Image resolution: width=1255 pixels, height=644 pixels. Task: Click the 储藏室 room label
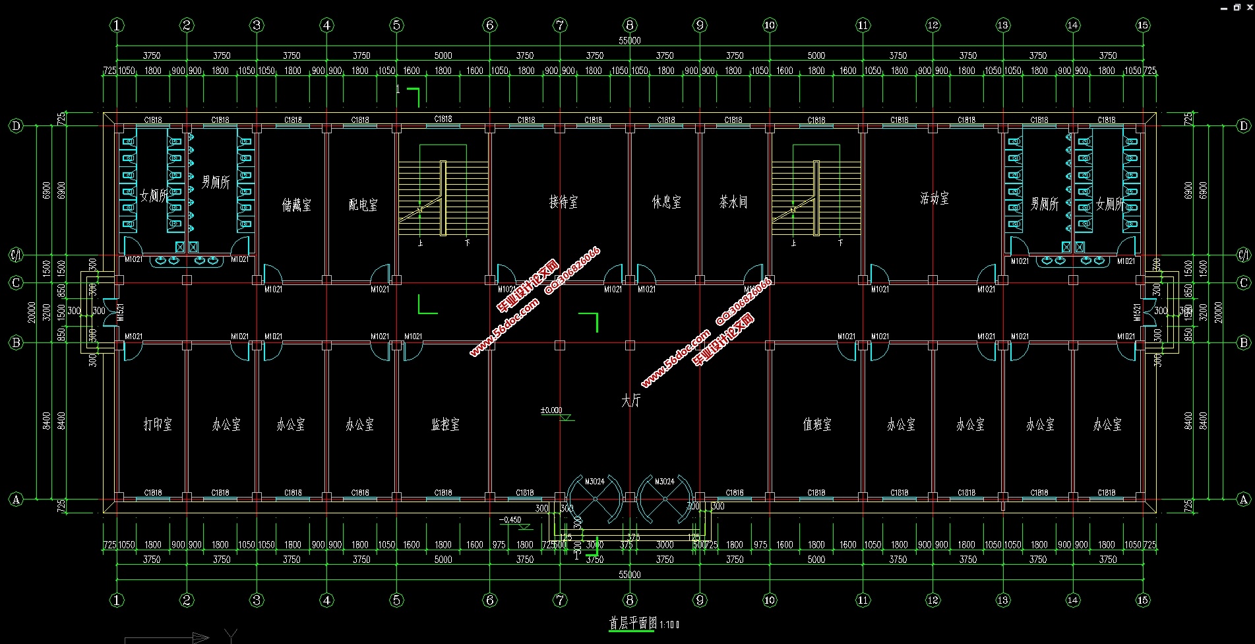(297, 205)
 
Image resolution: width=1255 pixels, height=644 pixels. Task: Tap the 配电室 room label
(363, 205)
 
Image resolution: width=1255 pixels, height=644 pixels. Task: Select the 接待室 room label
(563, 202)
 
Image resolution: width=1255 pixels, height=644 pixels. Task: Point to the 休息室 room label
(667, 202)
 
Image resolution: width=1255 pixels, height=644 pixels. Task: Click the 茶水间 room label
(733, 202)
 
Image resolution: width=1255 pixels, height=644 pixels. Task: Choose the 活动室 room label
(934, 198)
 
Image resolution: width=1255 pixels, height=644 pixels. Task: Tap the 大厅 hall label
(630, 401)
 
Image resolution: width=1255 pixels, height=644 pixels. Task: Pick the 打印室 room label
(158, 424)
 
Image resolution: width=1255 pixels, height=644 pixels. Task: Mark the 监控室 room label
(445, 424)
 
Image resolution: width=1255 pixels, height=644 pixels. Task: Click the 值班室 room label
(817, 424)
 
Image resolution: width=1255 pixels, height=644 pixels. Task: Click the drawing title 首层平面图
(633, 623)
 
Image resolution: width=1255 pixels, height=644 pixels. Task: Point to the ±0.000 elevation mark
(552, 410)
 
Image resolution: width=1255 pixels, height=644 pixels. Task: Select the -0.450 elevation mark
(510, 520)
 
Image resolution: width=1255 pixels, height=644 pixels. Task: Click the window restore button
(1237, 7)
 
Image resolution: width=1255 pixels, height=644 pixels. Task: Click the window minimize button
(1223, 7)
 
